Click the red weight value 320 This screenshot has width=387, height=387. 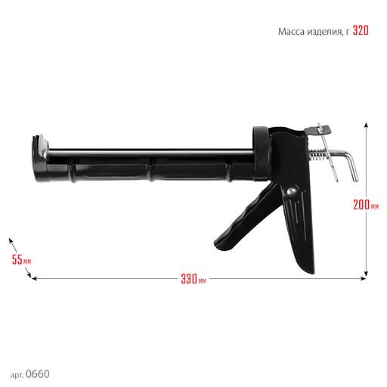(x=361, y=30)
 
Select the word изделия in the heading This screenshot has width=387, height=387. (x=324, y=32)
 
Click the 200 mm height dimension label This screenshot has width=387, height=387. (x=366, y=205)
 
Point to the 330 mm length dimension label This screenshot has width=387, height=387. (x=193, y=279)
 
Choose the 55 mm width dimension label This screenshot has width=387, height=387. (x=21, y=259)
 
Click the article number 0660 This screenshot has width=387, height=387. (x=38, y=374)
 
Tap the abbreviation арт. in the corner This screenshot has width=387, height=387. (x=17, y=375)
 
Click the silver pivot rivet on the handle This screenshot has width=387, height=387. (x=291, y=192)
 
